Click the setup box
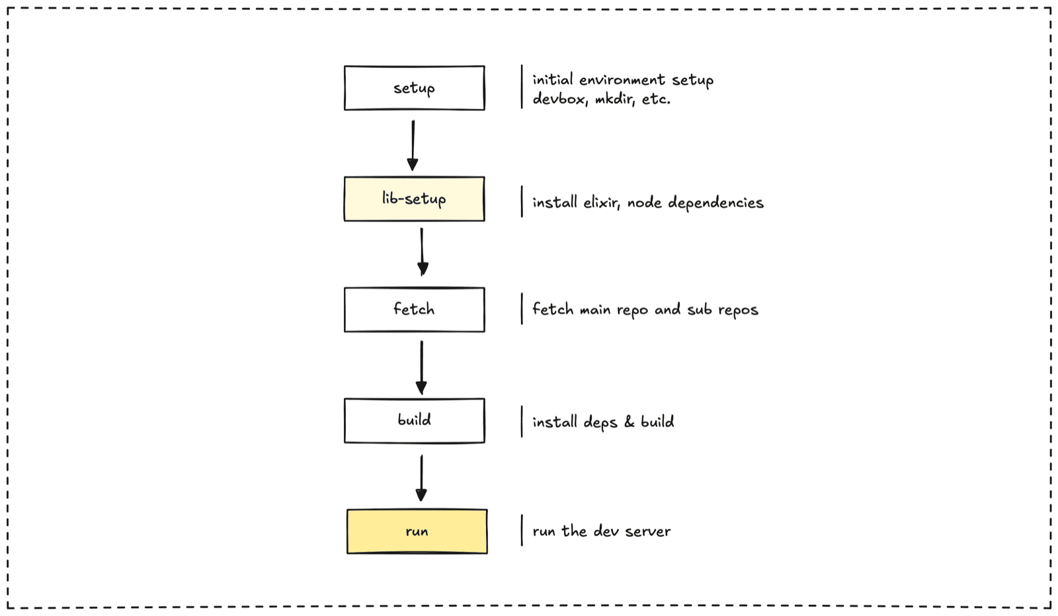pos(414,88)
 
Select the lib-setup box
pos(414,199)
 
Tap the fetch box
pos(414,309)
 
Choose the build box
pos(414,420)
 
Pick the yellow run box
pos(417,531)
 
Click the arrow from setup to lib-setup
pos(413,145)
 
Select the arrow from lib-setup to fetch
pos(423,252)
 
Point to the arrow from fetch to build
pos(421,367)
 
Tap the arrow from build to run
pos(421,478)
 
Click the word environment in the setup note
pos(622,80)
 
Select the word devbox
pos(560,99)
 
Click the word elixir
pos(602,202)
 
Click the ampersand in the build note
pos(629,422)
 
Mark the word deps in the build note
pos(600,422)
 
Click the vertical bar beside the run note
pos(522,531)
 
